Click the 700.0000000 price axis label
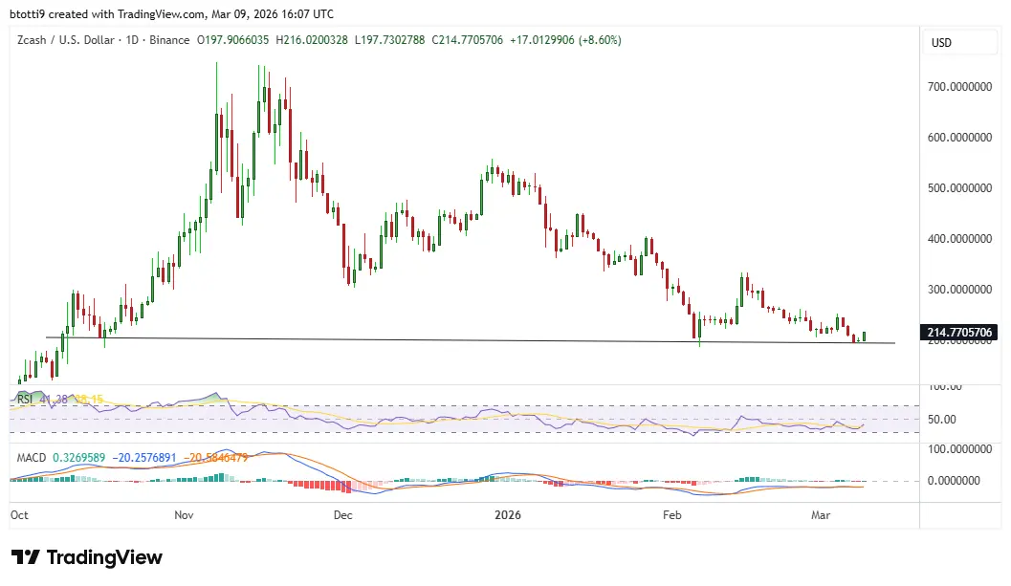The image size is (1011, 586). coord(959,86)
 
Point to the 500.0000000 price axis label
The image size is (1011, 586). coord(959,187)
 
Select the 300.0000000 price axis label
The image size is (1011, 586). coord(959,289)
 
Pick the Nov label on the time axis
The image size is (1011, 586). coord(185,514)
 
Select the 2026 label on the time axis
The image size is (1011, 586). coord(507,514)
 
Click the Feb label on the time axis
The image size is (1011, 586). coord(672,514)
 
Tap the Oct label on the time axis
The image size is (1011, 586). coord(19,514)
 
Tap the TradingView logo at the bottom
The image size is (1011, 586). coord(87,557)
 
